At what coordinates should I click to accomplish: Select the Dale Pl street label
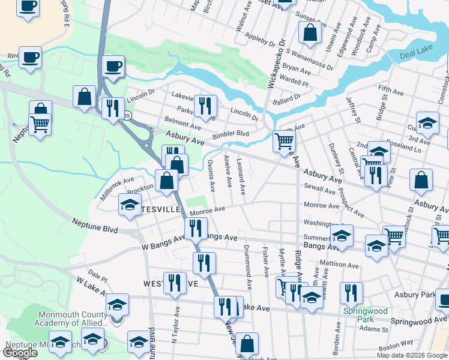pyautogui.click(x=98, y=276)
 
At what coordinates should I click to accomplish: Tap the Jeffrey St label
pyautogui.click(x=352, y=112)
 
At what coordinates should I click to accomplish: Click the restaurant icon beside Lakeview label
pyautogui.click(x=205, y=106)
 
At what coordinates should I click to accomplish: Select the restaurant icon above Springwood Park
pyautogui.click(x=351, y=292)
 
